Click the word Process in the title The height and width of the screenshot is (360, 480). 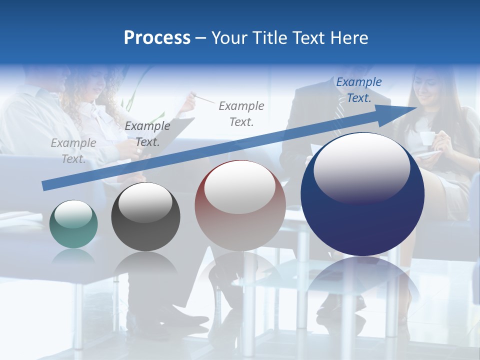(x=157, y=38)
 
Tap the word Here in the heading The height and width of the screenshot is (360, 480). (x=349, y=38)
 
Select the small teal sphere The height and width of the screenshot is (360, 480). (x=73, y=224)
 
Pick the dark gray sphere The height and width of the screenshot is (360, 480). (x=145, y=216)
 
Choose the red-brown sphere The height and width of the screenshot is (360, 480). (x=240, y=206)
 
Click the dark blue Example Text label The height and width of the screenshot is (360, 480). (x=358, y=90)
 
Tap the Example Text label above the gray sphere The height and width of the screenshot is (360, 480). (x=147, y=134)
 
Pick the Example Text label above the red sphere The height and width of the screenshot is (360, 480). (x=241, y=113)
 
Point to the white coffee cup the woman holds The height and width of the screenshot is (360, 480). (x=426, y=138)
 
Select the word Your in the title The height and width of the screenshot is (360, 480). (x=230, y=38)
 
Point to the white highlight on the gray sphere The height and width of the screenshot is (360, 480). (x=145, y=202)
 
